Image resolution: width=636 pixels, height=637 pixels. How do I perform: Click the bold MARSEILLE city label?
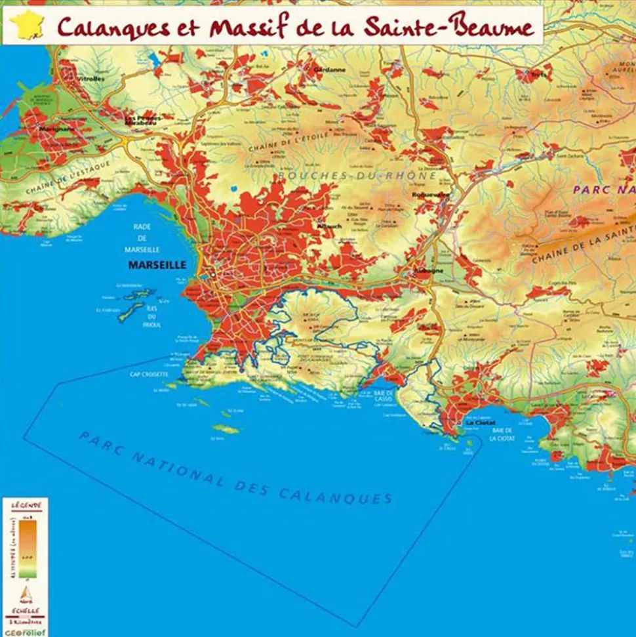click(157, 265)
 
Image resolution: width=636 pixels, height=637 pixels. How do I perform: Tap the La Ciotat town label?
click(480, 423)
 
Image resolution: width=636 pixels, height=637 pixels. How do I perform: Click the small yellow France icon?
click(24, 25)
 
